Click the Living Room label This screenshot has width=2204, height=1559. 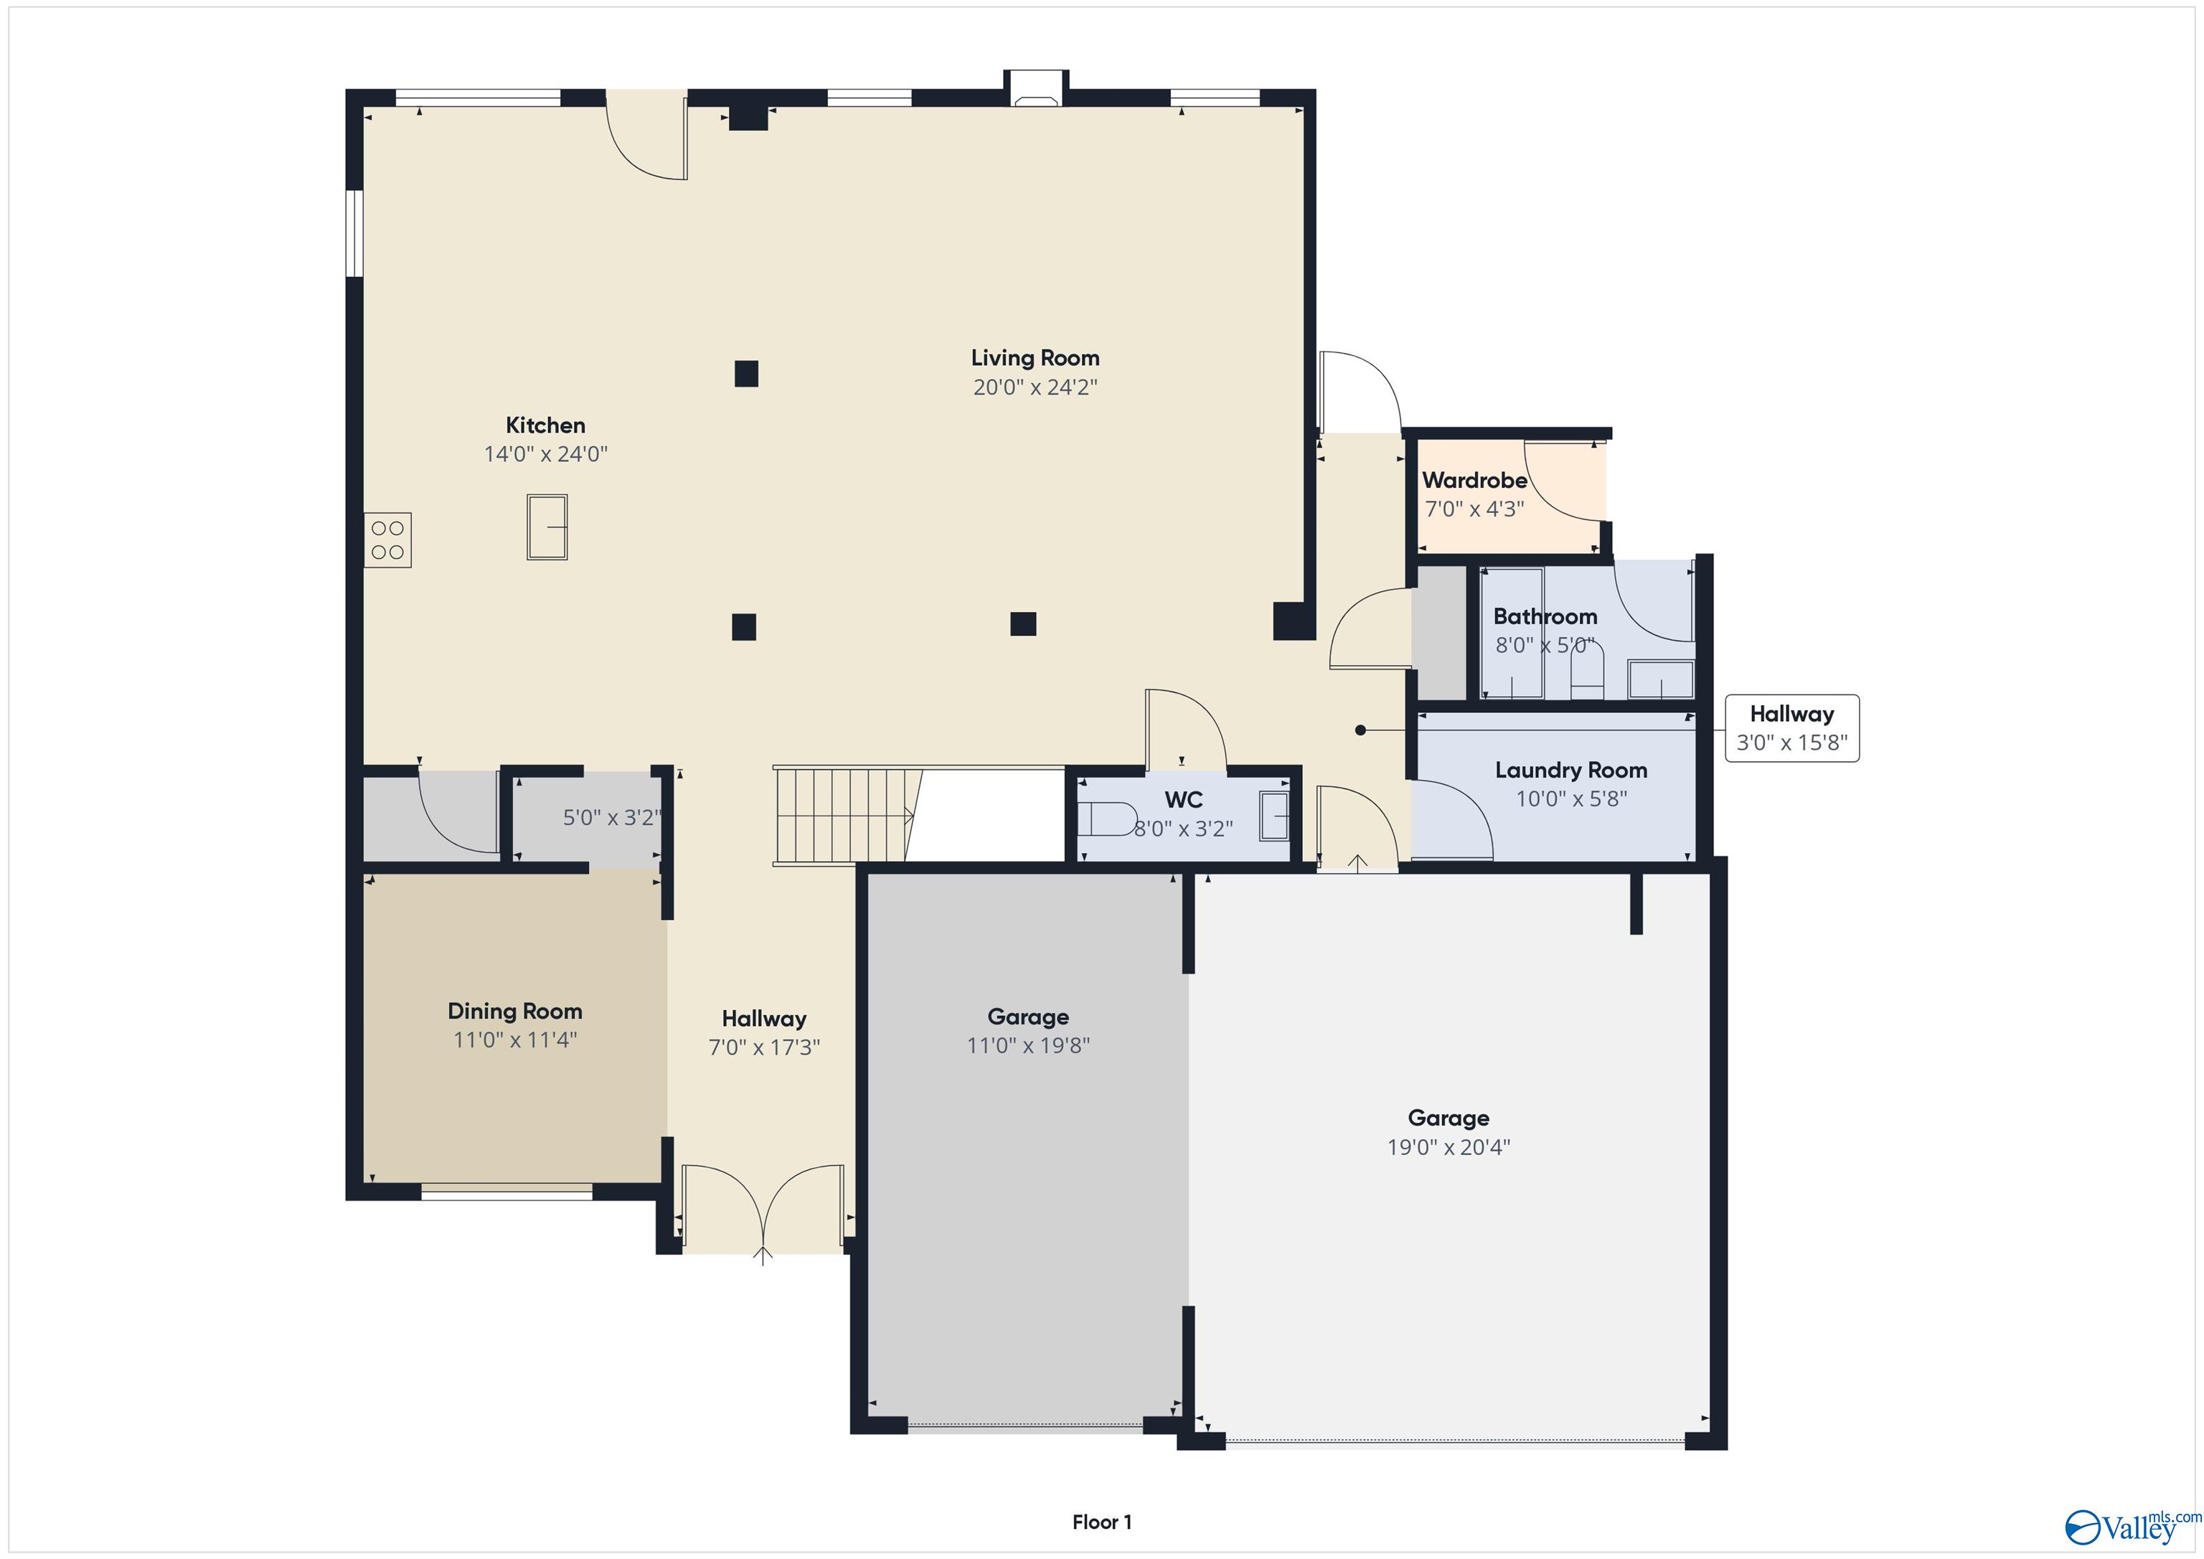(x=1035, y=358)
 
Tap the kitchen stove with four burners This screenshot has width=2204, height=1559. (x=388, y=540)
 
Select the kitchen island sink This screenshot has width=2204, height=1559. (x=547, y=527)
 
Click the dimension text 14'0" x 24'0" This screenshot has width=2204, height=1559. (x=545, y=454)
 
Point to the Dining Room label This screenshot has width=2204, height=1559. (x=514, y=1011)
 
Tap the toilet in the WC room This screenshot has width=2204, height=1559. (x=1107, y=819)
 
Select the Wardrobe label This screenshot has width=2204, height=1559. (x=1474, y=480)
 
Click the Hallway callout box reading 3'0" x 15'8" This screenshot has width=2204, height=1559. (x=1791, y=729)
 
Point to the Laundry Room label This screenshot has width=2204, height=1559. (x=1570, y=770)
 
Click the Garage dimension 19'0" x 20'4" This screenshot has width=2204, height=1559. (x=1448, y=1146)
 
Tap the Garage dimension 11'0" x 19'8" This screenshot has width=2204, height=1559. (x=1027, y=1045)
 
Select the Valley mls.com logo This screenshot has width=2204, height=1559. (x=2131, y=1525)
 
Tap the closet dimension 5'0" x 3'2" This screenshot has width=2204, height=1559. (x=611, y=818)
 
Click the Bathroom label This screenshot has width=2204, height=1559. (x=1545, y=616)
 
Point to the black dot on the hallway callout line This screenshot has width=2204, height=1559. (x=1360, y=730)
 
